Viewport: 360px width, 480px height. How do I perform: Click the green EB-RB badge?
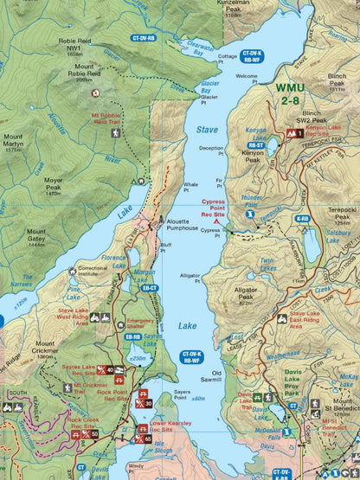[132, 336]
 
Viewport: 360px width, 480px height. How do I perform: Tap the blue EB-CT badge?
[150, 288]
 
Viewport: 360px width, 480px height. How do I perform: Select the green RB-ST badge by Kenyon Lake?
[255, 145]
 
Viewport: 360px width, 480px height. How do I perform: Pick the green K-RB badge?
[302, 219]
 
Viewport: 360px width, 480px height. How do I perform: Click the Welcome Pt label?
[247, 80]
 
